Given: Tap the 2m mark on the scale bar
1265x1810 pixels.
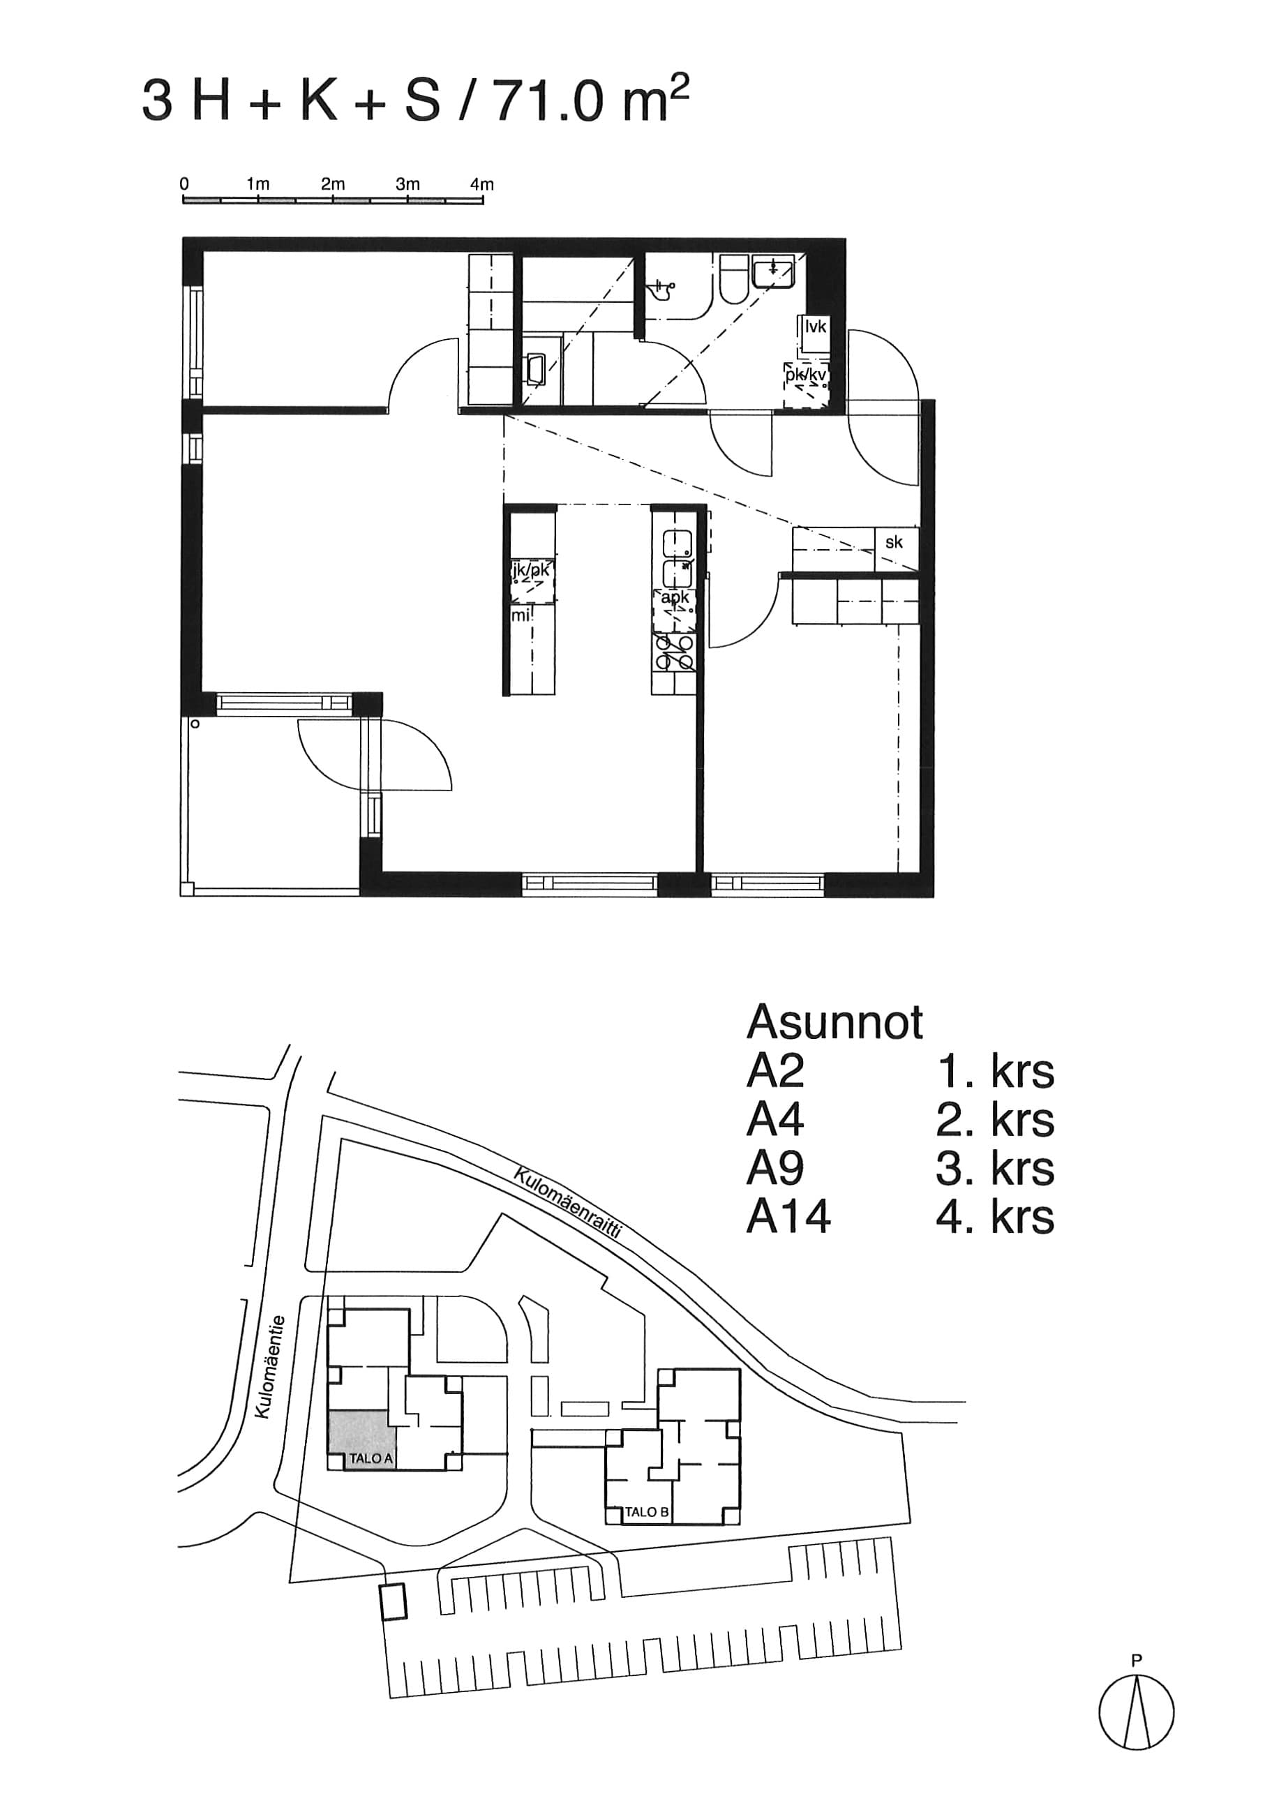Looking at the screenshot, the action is pyautogui.click(x=333, y=184).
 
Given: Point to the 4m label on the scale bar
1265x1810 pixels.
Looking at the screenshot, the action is pyautogui.click(x=481, y=184).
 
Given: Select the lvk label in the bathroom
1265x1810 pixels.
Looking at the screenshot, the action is pyautogui.click(x=816, y=327).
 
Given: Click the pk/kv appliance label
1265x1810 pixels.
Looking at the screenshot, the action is pyautogui.click(x=805, y=375).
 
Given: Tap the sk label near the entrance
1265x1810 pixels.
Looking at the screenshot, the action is pyautogui.click(x=894, y=542).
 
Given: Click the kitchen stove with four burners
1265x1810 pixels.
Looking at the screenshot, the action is pyautogui.click(x=673, y=652).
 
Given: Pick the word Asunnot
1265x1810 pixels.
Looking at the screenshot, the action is pyautogui.click(x=834, y=1022).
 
